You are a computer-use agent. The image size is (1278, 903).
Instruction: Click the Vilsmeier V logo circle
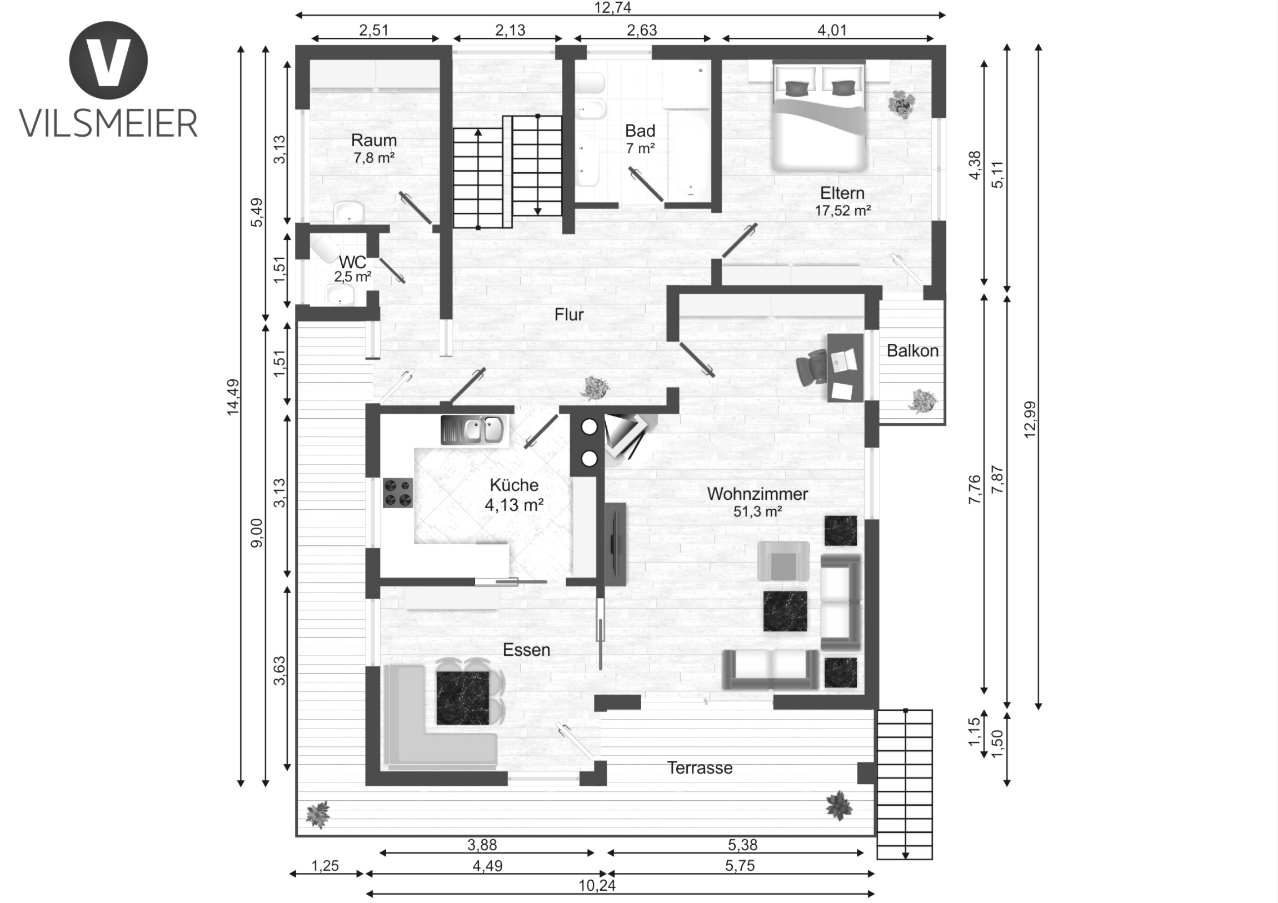[108, 60]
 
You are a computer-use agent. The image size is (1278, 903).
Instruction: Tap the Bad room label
[640, 131]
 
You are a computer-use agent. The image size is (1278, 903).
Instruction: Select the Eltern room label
[842, 193]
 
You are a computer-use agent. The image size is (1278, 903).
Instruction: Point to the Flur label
[569, 314]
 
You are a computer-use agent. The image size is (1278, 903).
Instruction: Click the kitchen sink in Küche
[474, 429]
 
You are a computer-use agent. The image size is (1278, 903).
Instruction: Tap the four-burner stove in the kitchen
[398, 493]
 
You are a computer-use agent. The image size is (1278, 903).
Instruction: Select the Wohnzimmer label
[757, 494]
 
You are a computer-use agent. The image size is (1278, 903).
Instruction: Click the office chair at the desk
[812, 368]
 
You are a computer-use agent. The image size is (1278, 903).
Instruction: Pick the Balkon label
[912, 350]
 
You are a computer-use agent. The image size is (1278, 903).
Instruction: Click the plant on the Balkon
[923, 401]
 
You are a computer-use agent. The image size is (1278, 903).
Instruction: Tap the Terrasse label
[700, 768]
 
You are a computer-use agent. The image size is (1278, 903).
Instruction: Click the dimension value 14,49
[233, 397]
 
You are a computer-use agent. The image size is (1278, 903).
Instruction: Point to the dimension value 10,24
[597, 885]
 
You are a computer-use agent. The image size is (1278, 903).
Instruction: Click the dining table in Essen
[462, 698]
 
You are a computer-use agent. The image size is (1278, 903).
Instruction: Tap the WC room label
[352, 262]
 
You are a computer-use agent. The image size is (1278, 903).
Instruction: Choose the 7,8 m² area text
[374, 158]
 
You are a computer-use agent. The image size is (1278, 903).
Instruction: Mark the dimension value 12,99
[1030, 419]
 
